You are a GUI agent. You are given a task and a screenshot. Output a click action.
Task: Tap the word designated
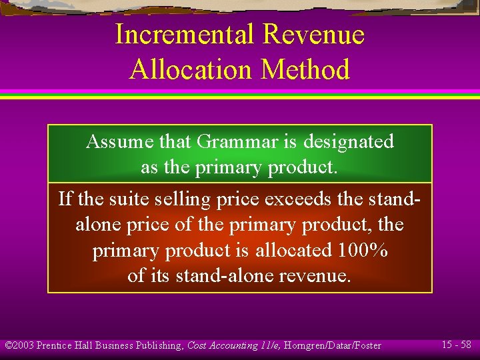[349, 141]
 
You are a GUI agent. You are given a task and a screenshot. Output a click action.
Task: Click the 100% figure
[363, 250]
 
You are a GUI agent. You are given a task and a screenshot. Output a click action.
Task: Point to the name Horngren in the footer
[308, 345]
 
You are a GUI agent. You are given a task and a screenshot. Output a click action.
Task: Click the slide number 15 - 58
[457, 345]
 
